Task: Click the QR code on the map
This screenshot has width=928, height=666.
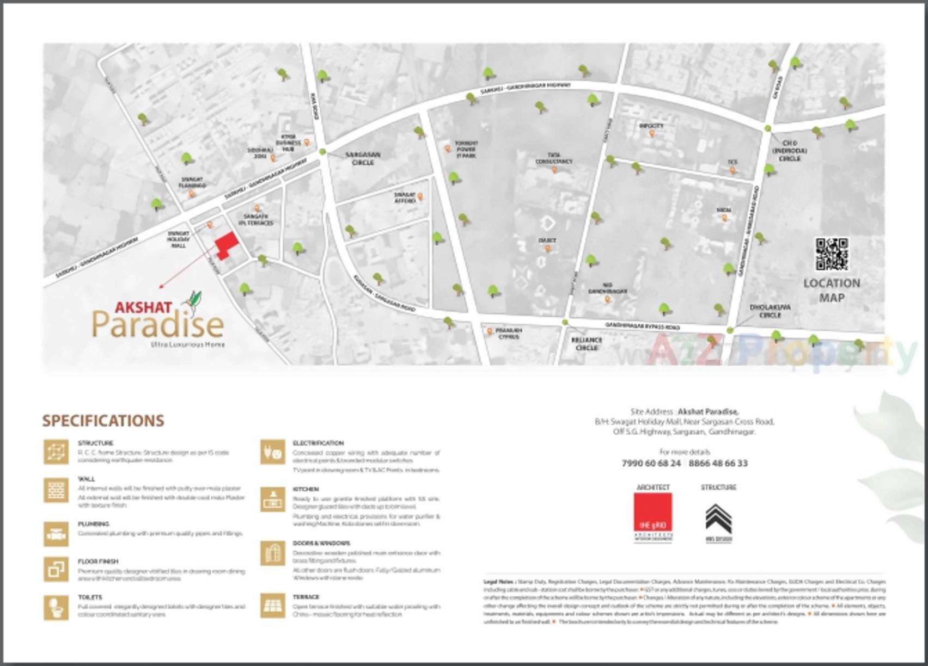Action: [x=832, y=254]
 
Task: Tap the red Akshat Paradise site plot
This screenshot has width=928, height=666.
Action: [x=225, y=244]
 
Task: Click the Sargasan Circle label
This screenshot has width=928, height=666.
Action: [x=363, y=158]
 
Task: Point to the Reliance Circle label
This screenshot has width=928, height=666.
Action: [x=587, y=343]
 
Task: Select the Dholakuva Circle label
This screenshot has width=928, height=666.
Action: [x=770, y=311]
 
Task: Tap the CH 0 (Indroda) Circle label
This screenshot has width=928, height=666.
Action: [x=789, y=151]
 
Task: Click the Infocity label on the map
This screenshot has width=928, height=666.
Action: [x=651, y=126]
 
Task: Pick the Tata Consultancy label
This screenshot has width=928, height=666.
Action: [x=554, y=158]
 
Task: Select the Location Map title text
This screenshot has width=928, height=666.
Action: [x=832, y=290]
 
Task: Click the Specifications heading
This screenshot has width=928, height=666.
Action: [x=103, y=421]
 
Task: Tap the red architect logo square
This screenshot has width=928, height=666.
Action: [x=653, y=512]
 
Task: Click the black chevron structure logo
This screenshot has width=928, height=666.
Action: [x=718, y=519]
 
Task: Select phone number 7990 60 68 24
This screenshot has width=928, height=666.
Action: [x=651, y=464]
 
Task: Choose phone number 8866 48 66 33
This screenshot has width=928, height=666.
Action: [x=718, y=464]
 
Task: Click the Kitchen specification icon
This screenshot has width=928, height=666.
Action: [x=272, y=499]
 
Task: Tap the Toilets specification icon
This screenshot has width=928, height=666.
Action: [x=56, y=607]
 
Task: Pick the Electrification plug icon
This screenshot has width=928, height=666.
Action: [x=272, y=453]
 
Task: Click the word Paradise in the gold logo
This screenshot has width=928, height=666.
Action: [x=158, y=325]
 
